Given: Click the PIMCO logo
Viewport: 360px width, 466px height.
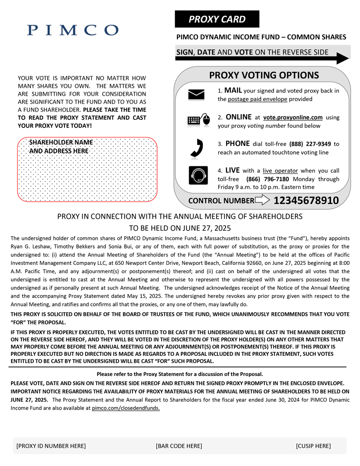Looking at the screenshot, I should coord(72,30).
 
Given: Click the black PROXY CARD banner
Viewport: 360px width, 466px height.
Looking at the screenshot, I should coord(217,19).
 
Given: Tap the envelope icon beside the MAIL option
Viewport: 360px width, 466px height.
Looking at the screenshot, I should coord(196,94).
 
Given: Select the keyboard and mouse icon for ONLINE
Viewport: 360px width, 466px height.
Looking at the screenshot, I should coord(196,120).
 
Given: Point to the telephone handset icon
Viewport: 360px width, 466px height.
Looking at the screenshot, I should coord(196,148).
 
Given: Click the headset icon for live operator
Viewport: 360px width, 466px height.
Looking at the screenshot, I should coord(196,175).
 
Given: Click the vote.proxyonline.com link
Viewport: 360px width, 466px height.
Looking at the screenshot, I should coord(292,117).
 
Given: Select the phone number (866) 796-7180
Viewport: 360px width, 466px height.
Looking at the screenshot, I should coord(268,179).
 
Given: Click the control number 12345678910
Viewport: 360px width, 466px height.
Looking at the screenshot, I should coord(306,201).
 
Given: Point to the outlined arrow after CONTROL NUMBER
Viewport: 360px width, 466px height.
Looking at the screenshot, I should coord(262,201).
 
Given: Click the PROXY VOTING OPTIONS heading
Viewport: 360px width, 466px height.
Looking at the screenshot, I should coord(264,75).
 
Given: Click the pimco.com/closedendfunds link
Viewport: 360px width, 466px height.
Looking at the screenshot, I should coord(126,408).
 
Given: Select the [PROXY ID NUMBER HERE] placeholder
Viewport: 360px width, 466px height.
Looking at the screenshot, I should coord(51,446).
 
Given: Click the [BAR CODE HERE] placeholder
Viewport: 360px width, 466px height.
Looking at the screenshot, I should coord(179,446).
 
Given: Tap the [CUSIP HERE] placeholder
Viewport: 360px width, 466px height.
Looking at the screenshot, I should coord(313,446).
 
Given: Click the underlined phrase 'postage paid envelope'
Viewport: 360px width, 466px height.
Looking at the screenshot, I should coord(257,99).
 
